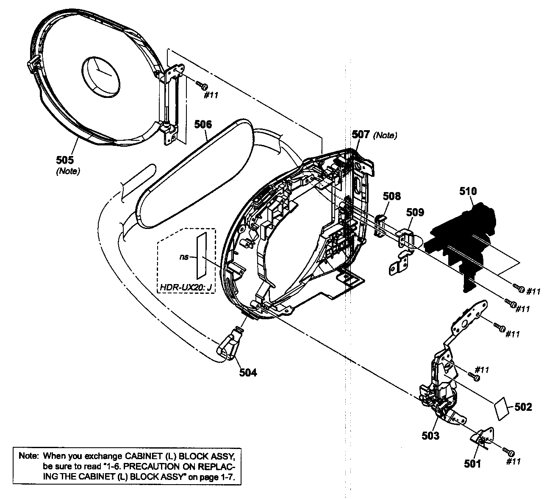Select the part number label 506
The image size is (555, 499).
point(203,125)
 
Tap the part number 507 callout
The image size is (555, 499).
point(361,135)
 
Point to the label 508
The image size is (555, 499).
point(391,196)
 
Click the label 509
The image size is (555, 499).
point(415,212)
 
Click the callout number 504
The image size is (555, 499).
point(248,372)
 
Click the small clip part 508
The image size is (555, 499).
point(380,222)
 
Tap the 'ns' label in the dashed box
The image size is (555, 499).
point(183,256)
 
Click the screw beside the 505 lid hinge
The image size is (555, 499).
point(202,86)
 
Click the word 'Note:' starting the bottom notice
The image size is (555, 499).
point(28,457)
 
